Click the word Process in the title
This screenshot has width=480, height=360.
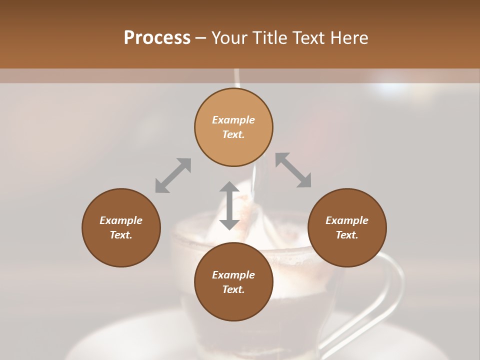pyautogui.click(x=157, y=38)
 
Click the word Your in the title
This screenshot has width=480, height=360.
pyautogui.click(x=230, y=38)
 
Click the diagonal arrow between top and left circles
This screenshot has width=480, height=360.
pyautogui.click(x=173, y=175)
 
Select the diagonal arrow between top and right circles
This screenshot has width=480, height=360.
pyautogui.click(x=293, y=170)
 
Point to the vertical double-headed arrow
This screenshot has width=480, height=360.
pyautogui.click(x=229, y=205)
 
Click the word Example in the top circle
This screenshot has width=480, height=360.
pyautogui.click(x=233, y=120)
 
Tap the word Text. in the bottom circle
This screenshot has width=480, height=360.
pyautogui.click(x=233, y=289)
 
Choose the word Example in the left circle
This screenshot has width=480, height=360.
pyautogui.click(x=121, y=220)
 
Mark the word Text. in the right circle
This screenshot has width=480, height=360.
pyautogui.click(x=347, y=235)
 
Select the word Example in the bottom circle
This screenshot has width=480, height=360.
pyautogui.click(x=233, y=275)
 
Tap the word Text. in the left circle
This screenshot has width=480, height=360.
pyautogui.click(x=121, y=235)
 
